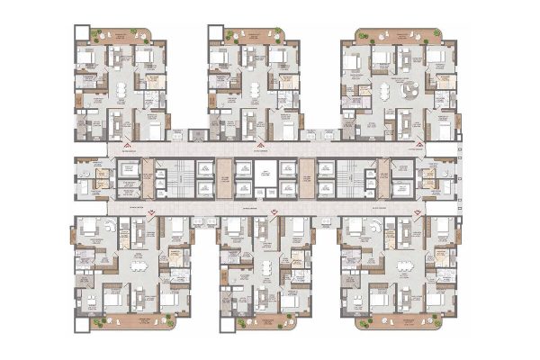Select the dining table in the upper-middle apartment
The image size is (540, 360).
pos(255,89)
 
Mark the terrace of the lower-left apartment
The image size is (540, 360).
pos(115,321)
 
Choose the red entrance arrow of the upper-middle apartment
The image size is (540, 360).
pos(259,143)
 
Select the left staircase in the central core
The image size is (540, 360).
pos(181,177)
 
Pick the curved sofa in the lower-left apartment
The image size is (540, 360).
pos(97,231)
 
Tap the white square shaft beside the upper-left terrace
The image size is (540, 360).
pos(78,33)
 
